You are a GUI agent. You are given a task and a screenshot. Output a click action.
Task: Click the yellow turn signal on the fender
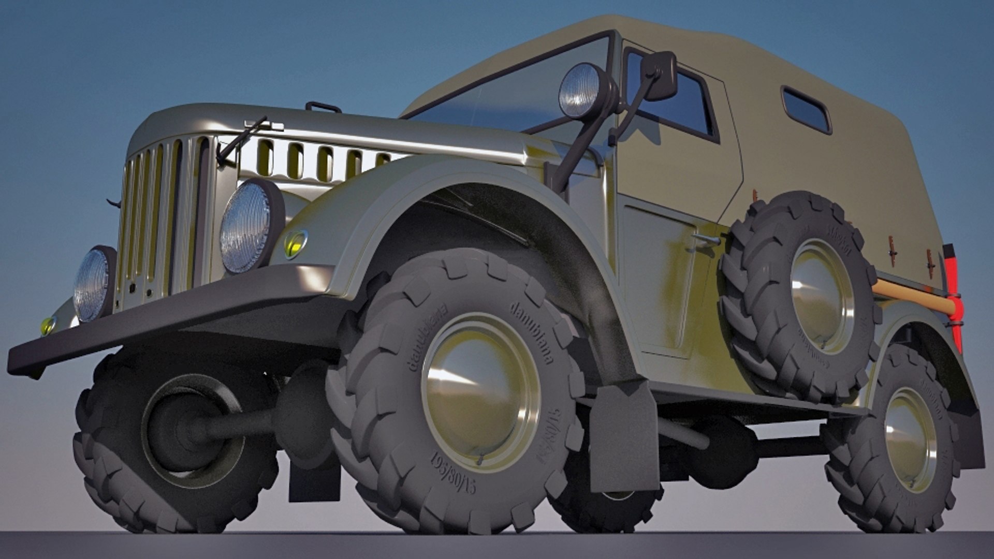point(296,243)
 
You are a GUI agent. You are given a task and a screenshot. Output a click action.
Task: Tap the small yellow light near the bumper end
point(48,326)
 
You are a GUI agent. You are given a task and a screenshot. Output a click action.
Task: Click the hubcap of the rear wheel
point(910,439)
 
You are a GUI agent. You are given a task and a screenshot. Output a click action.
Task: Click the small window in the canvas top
point(806,110)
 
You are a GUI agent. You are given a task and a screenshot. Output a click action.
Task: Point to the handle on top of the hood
point(323,107)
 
